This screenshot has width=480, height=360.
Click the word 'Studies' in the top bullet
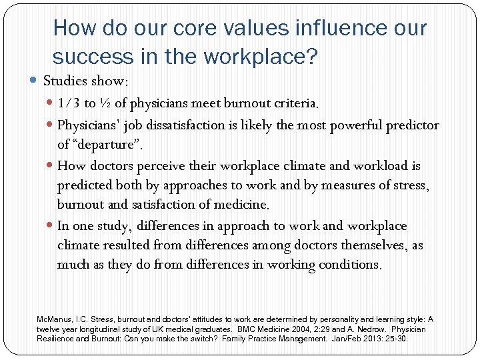(x=64, y=81)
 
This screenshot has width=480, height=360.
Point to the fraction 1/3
(x=67, y=103)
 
